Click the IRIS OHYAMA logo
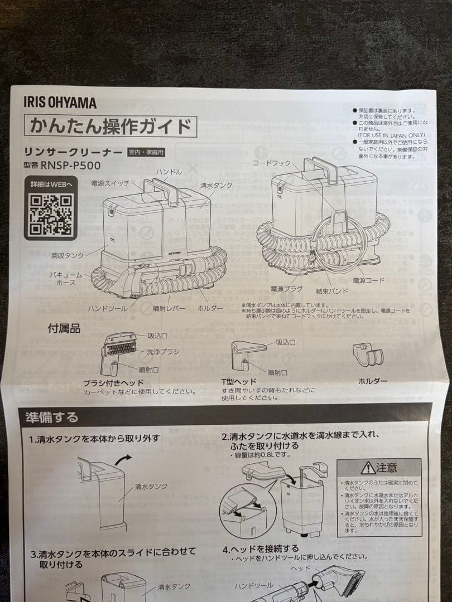click(x=60, y=103)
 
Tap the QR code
click(x=51, y=215)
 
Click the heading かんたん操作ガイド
click(x=110, y=127)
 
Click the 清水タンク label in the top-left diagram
click(x=217, y=185)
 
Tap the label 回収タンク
click(x=68, y=256)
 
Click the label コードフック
click(x=271, y=164)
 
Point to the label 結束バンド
click(x=331, y=291)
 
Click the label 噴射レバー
click(x=169, y=308)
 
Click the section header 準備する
click(x=52, y=417)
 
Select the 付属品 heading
click(x=64, y=329)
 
